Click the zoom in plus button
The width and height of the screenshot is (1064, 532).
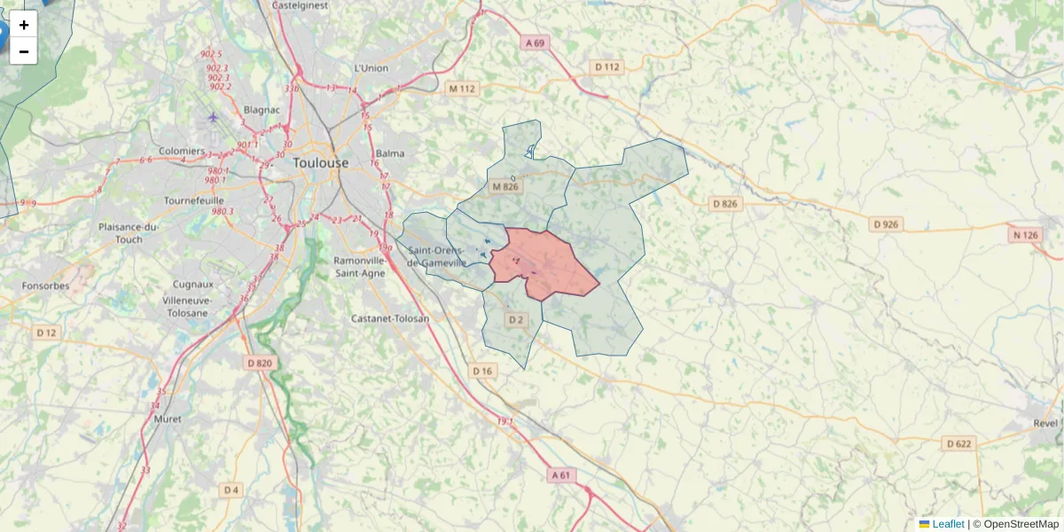click(24, 24)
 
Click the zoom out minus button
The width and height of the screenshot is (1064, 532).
click(24, 51)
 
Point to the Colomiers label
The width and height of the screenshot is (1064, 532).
click(182, 152)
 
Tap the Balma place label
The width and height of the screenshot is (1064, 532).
click(390, 153)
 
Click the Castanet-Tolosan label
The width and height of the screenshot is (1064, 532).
click(390, 318)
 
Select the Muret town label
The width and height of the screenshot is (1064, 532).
click(167, 419)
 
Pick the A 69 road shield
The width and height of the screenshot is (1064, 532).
click(534, 43)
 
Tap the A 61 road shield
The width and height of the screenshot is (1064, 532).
click(560, 475)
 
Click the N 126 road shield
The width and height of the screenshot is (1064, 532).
click(1024, 235)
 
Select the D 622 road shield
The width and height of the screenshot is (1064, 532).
click(958, 443)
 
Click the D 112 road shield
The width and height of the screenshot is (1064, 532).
click(607, 66)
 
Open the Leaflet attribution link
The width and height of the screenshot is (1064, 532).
click(947, 524)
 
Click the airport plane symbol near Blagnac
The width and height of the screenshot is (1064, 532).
click(212, 116)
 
